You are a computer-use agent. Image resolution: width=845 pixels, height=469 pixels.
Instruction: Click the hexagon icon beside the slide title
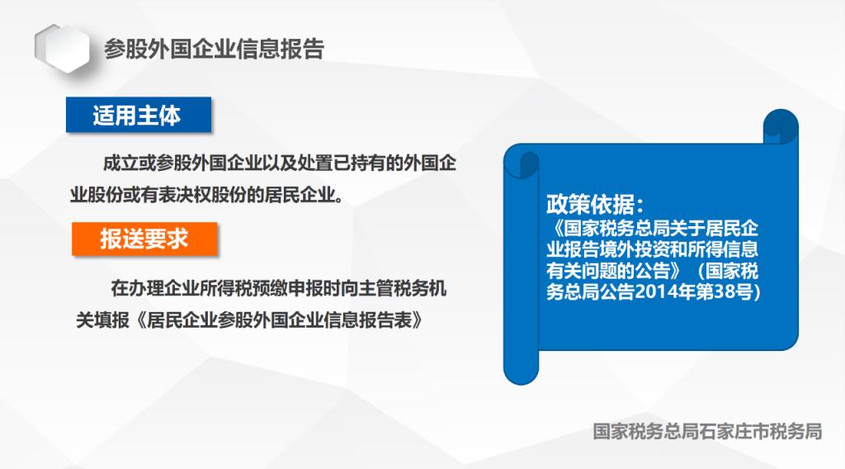[x=63, y=49]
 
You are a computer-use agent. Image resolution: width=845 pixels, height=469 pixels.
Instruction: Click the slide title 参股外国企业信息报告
[x=214, y=49]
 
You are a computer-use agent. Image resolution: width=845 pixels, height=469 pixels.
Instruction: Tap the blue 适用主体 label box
[x=139, y=115]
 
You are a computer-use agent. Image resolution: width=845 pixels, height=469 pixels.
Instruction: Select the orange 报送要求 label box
[x=144, y=239]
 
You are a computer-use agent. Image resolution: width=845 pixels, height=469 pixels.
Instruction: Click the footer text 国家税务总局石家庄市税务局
[x=707, y=431]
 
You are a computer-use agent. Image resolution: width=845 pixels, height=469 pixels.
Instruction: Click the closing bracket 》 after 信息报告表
[x=417, y=320]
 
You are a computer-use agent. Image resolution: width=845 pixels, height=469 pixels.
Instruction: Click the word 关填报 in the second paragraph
[x=102, y=320]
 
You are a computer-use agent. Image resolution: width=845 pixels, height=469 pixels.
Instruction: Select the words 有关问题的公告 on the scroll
[x=608, y=271]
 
